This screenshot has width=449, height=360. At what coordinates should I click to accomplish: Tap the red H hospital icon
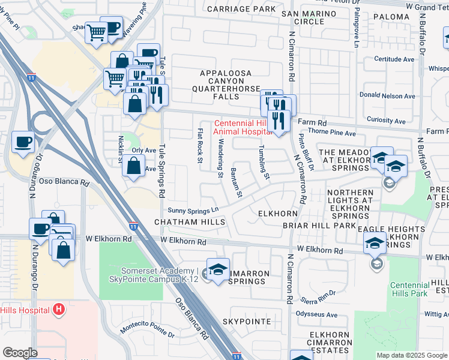tap(59, 310)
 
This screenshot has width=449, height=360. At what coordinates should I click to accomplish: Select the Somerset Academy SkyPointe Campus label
tap(153, 275)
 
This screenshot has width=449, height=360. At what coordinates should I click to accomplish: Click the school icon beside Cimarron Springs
tap(218, 269)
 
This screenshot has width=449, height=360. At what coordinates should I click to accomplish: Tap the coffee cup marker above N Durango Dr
tap(23, 142)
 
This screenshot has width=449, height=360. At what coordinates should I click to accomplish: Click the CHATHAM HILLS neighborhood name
tap(190, 222)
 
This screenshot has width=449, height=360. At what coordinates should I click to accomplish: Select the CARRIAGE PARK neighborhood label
tap(241, 9)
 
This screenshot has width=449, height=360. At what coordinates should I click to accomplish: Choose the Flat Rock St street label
tap(200, 145)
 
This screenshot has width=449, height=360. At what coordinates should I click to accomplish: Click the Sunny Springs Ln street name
tap(193, 211)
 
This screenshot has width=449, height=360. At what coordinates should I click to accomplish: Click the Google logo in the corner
tap(20, 353)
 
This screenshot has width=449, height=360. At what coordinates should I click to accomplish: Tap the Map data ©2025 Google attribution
tap(412, 355)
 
